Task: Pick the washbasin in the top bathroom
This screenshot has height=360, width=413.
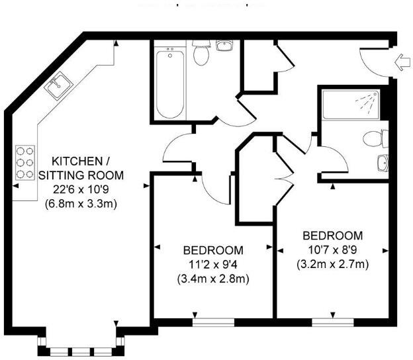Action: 225,46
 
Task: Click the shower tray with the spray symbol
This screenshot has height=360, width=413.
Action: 351,103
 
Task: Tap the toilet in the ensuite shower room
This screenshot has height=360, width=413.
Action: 377,139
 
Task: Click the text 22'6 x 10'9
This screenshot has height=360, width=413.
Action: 78,189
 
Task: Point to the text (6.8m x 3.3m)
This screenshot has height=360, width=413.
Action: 81,204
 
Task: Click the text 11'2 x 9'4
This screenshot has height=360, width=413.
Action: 213,265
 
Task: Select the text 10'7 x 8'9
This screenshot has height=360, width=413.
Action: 332,250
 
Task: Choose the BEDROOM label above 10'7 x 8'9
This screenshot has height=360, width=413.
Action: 332,236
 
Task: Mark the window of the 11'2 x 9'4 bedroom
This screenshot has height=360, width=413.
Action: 214,322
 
